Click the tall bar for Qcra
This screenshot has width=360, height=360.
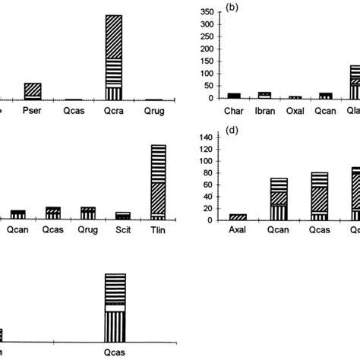click(x=113, y=58)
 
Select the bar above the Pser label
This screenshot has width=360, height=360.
click(x=33, y=92)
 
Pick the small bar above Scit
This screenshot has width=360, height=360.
click(x=123, y=216)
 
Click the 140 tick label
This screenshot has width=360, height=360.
click(x=203, y=137)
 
